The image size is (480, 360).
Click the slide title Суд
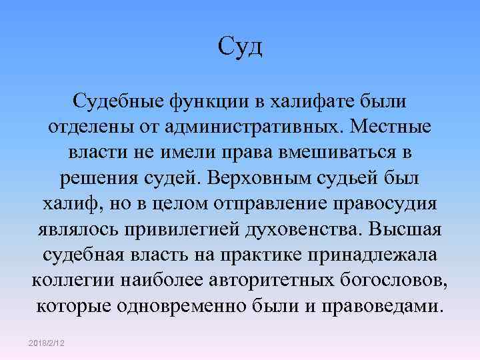click(240, 47)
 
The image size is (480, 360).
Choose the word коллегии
click(74, 280)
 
